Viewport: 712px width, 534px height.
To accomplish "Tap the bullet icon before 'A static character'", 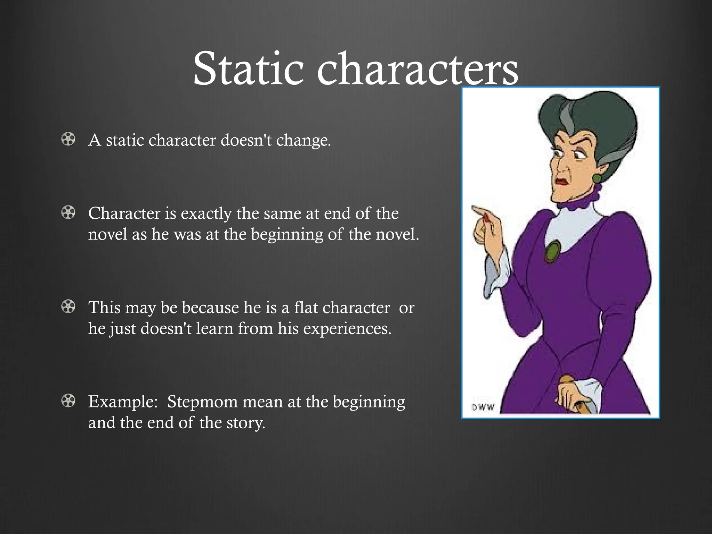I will (x=68, y=139).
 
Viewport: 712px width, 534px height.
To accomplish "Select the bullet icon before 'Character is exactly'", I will (x=68, y=212).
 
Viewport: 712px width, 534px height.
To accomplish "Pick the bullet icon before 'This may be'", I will (x=68, y=307).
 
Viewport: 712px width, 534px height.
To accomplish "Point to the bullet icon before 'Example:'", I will (x=68, y=401).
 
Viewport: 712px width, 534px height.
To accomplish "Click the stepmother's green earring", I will (x=597, y=178).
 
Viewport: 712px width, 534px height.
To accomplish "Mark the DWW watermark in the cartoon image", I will (x=483, y=407).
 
